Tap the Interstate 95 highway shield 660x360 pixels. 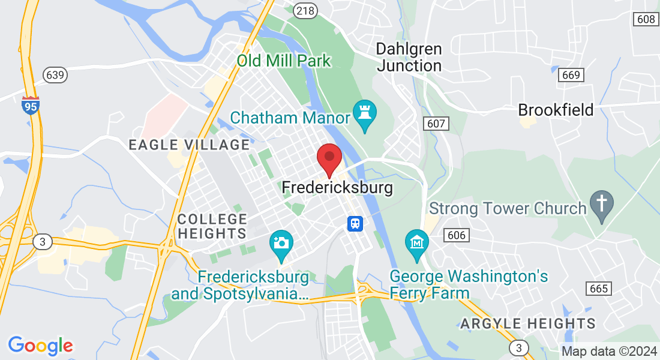(x=30, y=106)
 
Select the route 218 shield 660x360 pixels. (x=305, y=10)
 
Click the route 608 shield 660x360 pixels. (x=646, y=19)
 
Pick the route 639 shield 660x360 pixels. (x=55, y=75)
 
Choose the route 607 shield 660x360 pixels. (x=437, y=124)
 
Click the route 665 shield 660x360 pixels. (x=599, y=289)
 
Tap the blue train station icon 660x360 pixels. (x=355, y=223)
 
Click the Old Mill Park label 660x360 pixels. (x=283, y=61)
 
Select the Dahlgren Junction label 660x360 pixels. (x=409, y=57)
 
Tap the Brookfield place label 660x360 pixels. (x=556, y=110)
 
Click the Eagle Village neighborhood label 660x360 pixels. (x=190, y=145)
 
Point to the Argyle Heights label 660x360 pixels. (x=528, y=324)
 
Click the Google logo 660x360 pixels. (x=40, y=346)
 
